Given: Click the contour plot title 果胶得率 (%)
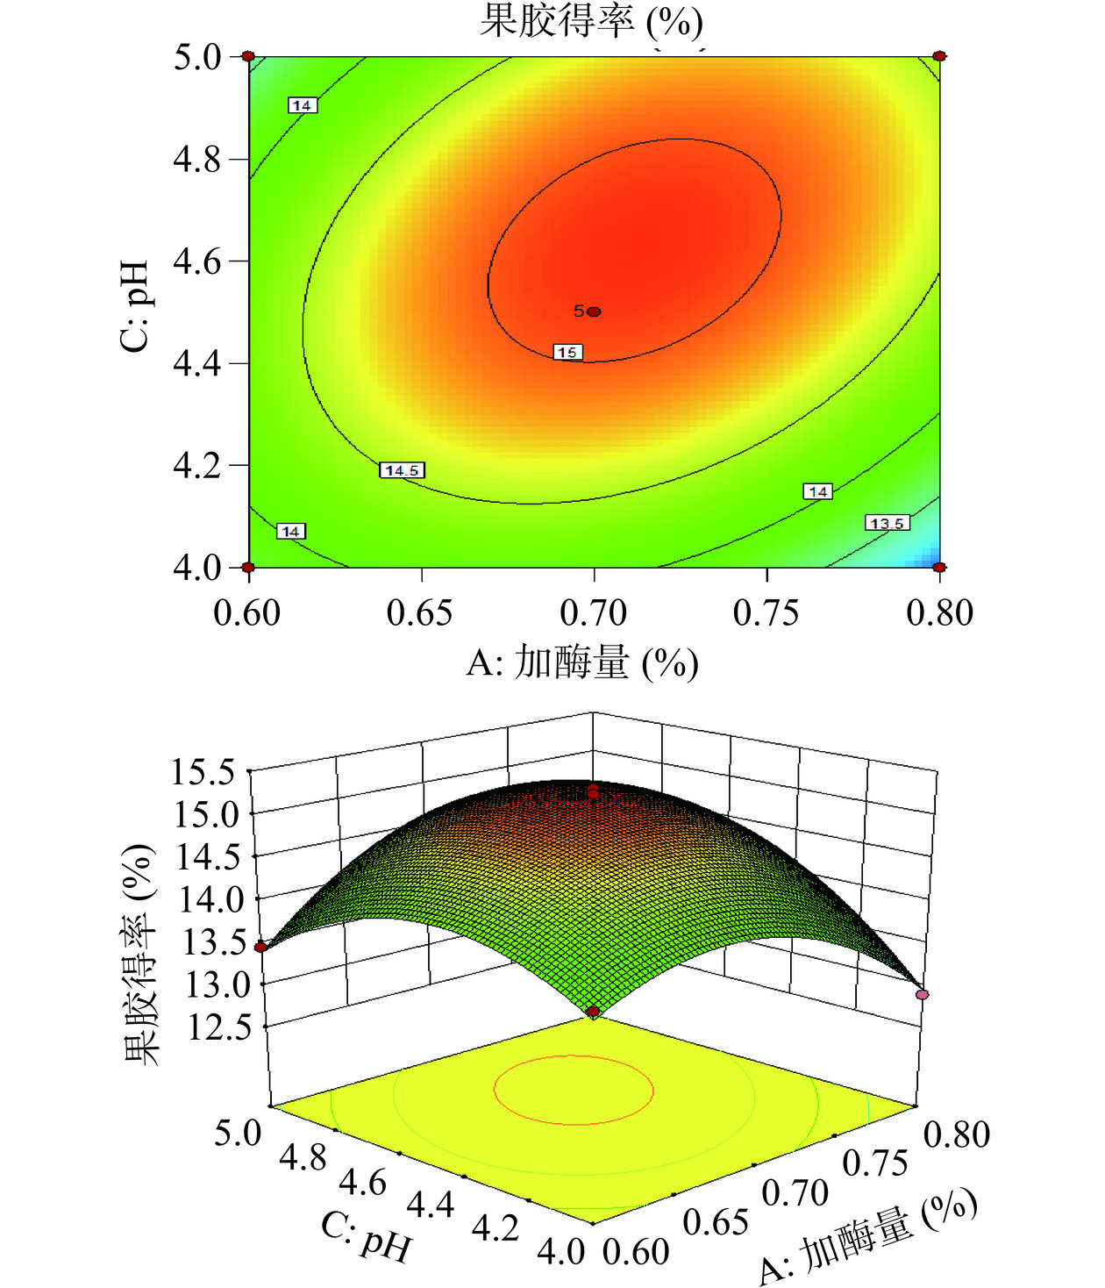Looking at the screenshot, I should pos(591,21).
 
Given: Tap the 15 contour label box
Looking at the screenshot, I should pos(567,352).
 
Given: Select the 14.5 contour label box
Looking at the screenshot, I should pos(402,470).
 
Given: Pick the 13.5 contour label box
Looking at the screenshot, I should pos(887,523).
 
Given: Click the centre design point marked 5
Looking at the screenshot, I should pos(594,311).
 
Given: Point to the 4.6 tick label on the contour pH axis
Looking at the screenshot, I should pos(197,261).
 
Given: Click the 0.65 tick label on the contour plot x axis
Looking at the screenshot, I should pos(420,612).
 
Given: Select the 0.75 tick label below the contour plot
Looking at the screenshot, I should pos(766,612).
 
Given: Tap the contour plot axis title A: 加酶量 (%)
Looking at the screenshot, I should pos(582,663).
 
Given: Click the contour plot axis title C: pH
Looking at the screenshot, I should pos(135,305).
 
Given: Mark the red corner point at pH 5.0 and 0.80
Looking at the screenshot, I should pos(939,56).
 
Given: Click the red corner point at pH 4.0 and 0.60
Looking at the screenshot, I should pos(249,567).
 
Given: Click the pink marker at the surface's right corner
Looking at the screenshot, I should pos(922,994).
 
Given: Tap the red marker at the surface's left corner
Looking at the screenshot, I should pos(260,947).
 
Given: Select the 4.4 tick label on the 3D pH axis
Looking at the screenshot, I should pos(431,1206).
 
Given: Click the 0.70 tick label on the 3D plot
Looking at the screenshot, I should pos(795,1192).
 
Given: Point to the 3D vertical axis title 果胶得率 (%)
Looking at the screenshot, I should pos(139,955).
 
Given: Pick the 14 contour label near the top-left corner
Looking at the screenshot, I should pos(302,105).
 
